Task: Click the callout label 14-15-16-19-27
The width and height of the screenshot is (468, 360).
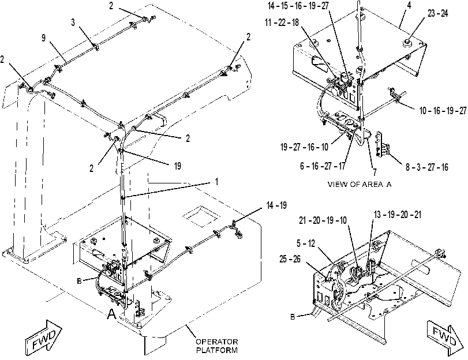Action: (298, 6)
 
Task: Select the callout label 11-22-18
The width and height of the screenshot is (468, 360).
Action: (282, 22)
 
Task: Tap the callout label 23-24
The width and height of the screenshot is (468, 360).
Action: (438, 13)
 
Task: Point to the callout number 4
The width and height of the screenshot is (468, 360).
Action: (409, 5)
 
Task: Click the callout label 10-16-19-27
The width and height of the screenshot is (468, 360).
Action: (443, 111)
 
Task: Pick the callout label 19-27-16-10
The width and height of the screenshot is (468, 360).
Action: (304, 147)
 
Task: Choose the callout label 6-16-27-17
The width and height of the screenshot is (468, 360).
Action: (323, 166)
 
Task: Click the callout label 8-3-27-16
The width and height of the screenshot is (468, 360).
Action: (427, 167)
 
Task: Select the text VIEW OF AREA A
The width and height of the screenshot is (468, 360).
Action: (360, 184)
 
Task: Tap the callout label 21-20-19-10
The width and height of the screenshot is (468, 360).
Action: (323, 220)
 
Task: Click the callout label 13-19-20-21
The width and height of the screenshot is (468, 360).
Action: (398, 215)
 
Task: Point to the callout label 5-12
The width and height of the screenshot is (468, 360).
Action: (306, 243)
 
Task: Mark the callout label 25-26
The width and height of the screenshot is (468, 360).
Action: (290, 259)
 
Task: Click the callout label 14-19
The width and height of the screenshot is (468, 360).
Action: (276, 205)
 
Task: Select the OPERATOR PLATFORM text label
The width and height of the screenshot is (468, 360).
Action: (217, 346)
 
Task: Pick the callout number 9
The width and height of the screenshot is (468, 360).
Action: (44, 38)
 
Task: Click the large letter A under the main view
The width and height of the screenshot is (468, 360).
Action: (111, 314)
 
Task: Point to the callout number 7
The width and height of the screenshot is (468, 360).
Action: (375, 172)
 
